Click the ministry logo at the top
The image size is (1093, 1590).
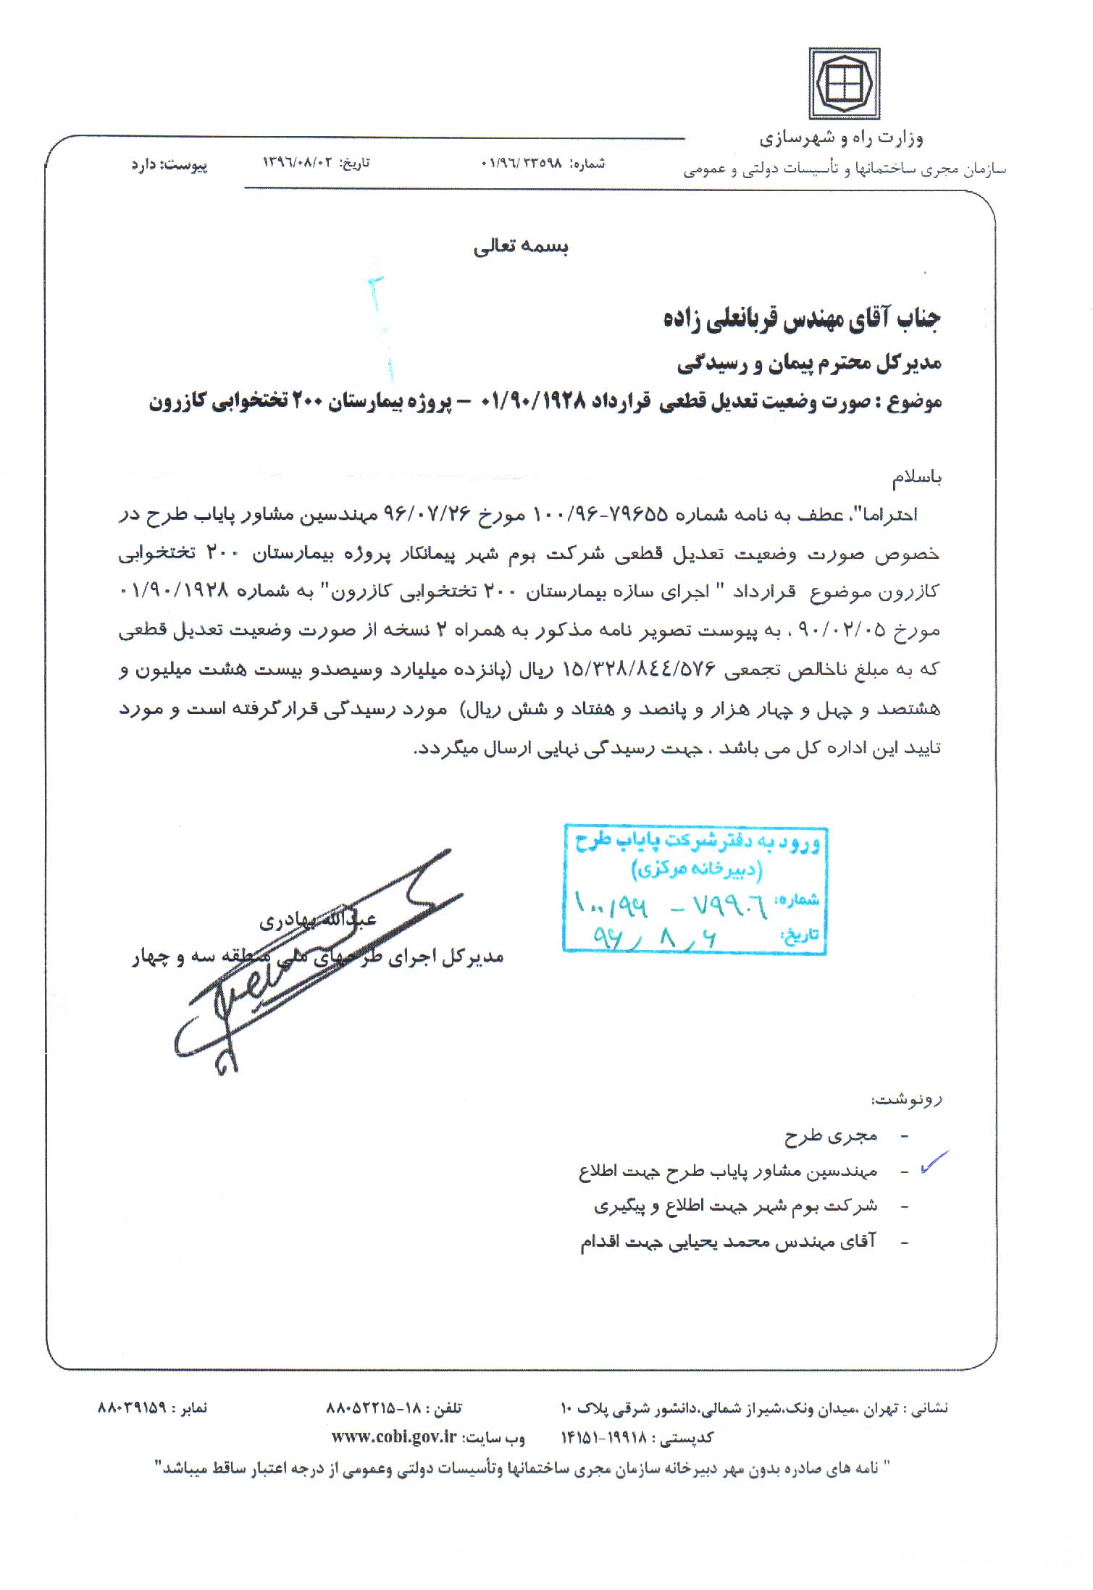[x=844, y=84]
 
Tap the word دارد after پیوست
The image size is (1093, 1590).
[x=145, y=165]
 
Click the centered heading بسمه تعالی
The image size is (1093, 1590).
[x=521, y=248]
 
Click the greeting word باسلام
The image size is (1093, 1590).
[x=917, y=478]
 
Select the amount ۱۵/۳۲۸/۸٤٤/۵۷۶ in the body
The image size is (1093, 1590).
[x=635, y=670]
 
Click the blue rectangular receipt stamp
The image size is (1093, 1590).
[x=695, y=889]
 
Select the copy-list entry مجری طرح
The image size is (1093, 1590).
[x=831, y=1136]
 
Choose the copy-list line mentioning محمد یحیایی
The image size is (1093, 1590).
[x=728, y=1242]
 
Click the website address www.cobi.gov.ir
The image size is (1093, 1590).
[x=394, y=1451]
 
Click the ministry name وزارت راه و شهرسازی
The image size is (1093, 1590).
[x=841, y=138]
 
